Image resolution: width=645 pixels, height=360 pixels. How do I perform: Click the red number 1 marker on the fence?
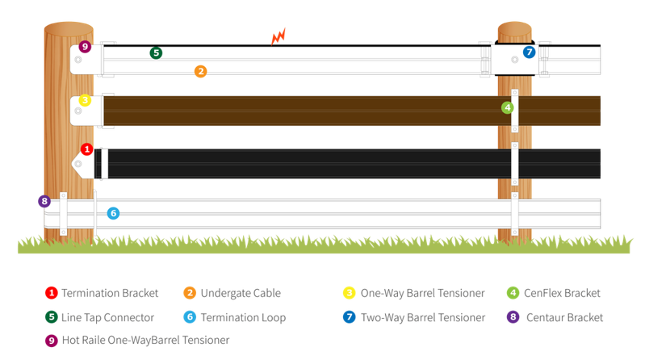(87, 149)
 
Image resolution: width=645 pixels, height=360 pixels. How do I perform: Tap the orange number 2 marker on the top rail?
(200, 72)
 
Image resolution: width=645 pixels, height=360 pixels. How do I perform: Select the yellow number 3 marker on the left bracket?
(85, 101)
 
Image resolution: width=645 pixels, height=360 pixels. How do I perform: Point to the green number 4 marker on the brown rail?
(507, 107)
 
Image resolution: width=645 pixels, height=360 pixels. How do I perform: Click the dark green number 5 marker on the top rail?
(156, 53)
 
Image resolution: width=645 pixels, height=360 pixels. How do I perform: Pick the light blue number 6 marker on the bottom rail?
(113, 213)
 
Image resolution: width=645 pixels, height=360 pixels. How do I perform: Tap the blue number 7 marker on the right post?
(529, 52)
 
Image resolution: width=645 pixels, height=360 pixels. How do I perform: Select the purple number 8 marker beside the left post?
(44, 201)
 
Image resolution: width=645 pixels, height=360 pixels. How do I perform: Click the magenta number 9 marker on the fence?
(85, 47)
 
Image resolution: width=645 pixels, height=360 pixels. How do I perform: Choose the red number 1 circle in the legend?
(51, 293)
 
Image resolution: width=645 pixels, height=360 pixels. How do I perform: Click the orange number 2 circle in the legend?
(190, 293)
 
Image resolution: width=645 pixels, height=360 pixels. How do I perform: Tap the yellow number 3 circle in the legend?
(349, 293)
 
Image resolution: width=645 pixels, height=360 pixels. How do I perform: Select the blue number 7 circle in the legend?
(349, 317)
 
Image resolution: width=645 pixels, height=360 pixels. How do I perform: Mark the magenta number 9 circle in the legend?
(51, 341)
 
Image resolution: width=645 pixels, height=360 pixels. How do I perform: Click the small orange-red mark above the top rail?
(279, 36)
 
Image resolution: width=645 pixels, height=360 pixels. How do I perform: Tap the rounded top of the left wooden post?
(69, 26)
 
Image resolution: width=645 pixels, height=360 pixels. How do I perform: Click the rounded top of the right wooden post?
(514, 27)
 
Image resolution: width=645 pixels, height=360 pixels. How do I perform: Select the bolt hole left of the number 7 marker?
(513, 58)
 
